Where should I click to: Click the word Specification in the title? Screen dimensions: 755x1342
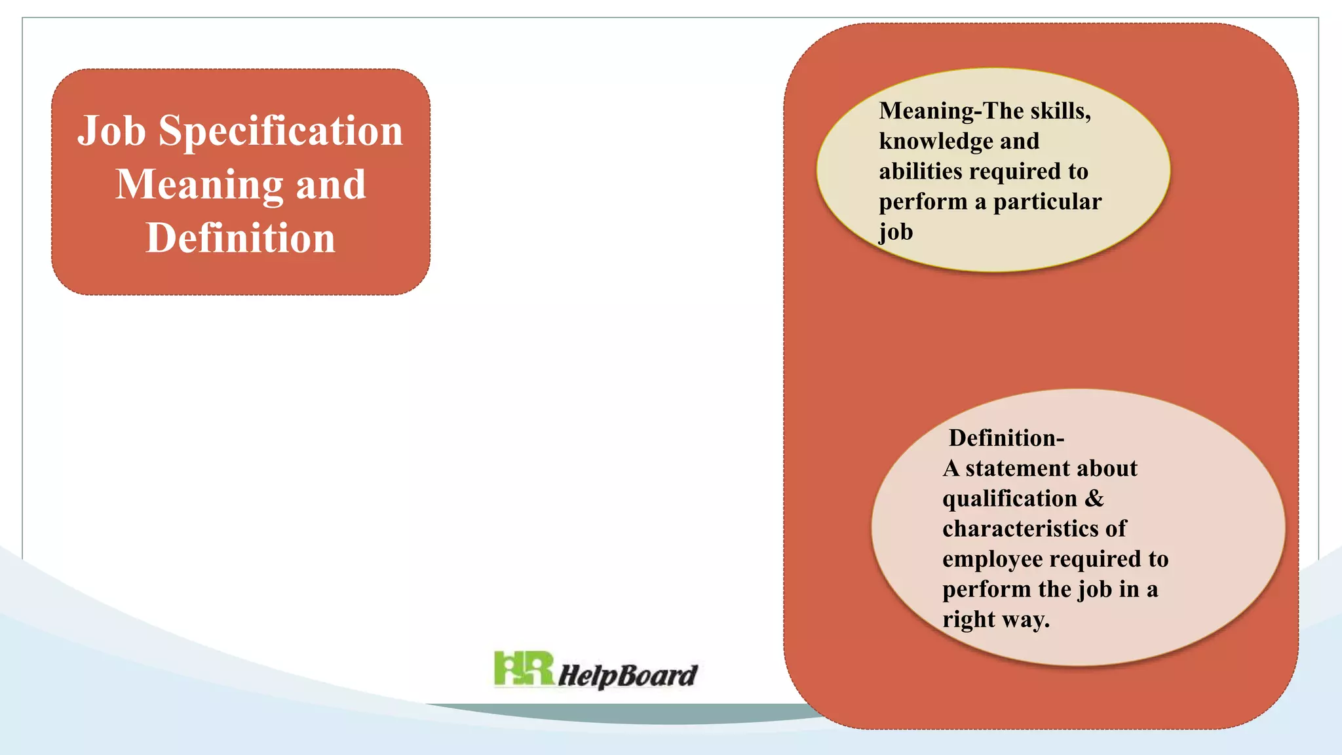(280, 131)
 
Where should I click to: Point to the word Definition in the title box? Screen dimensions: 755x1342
(240, 238)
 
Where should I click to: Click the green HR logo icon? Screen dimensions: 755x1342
(524, 668)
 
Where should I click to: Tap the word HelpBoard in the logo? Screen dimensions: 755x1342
(628, 675)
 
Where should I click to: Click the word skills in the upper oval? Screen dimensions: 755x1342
(1061, 111)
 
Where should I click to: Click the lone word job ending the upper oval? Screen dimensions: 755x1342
(896, 232)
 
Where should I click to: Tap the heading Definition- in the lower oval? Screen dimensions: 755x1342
(1006, 438)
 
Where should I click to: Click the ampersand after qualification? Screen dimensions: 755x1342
(1094, 499)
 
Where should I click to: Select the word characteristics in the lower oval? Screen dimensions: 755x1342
(1034, 529)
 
